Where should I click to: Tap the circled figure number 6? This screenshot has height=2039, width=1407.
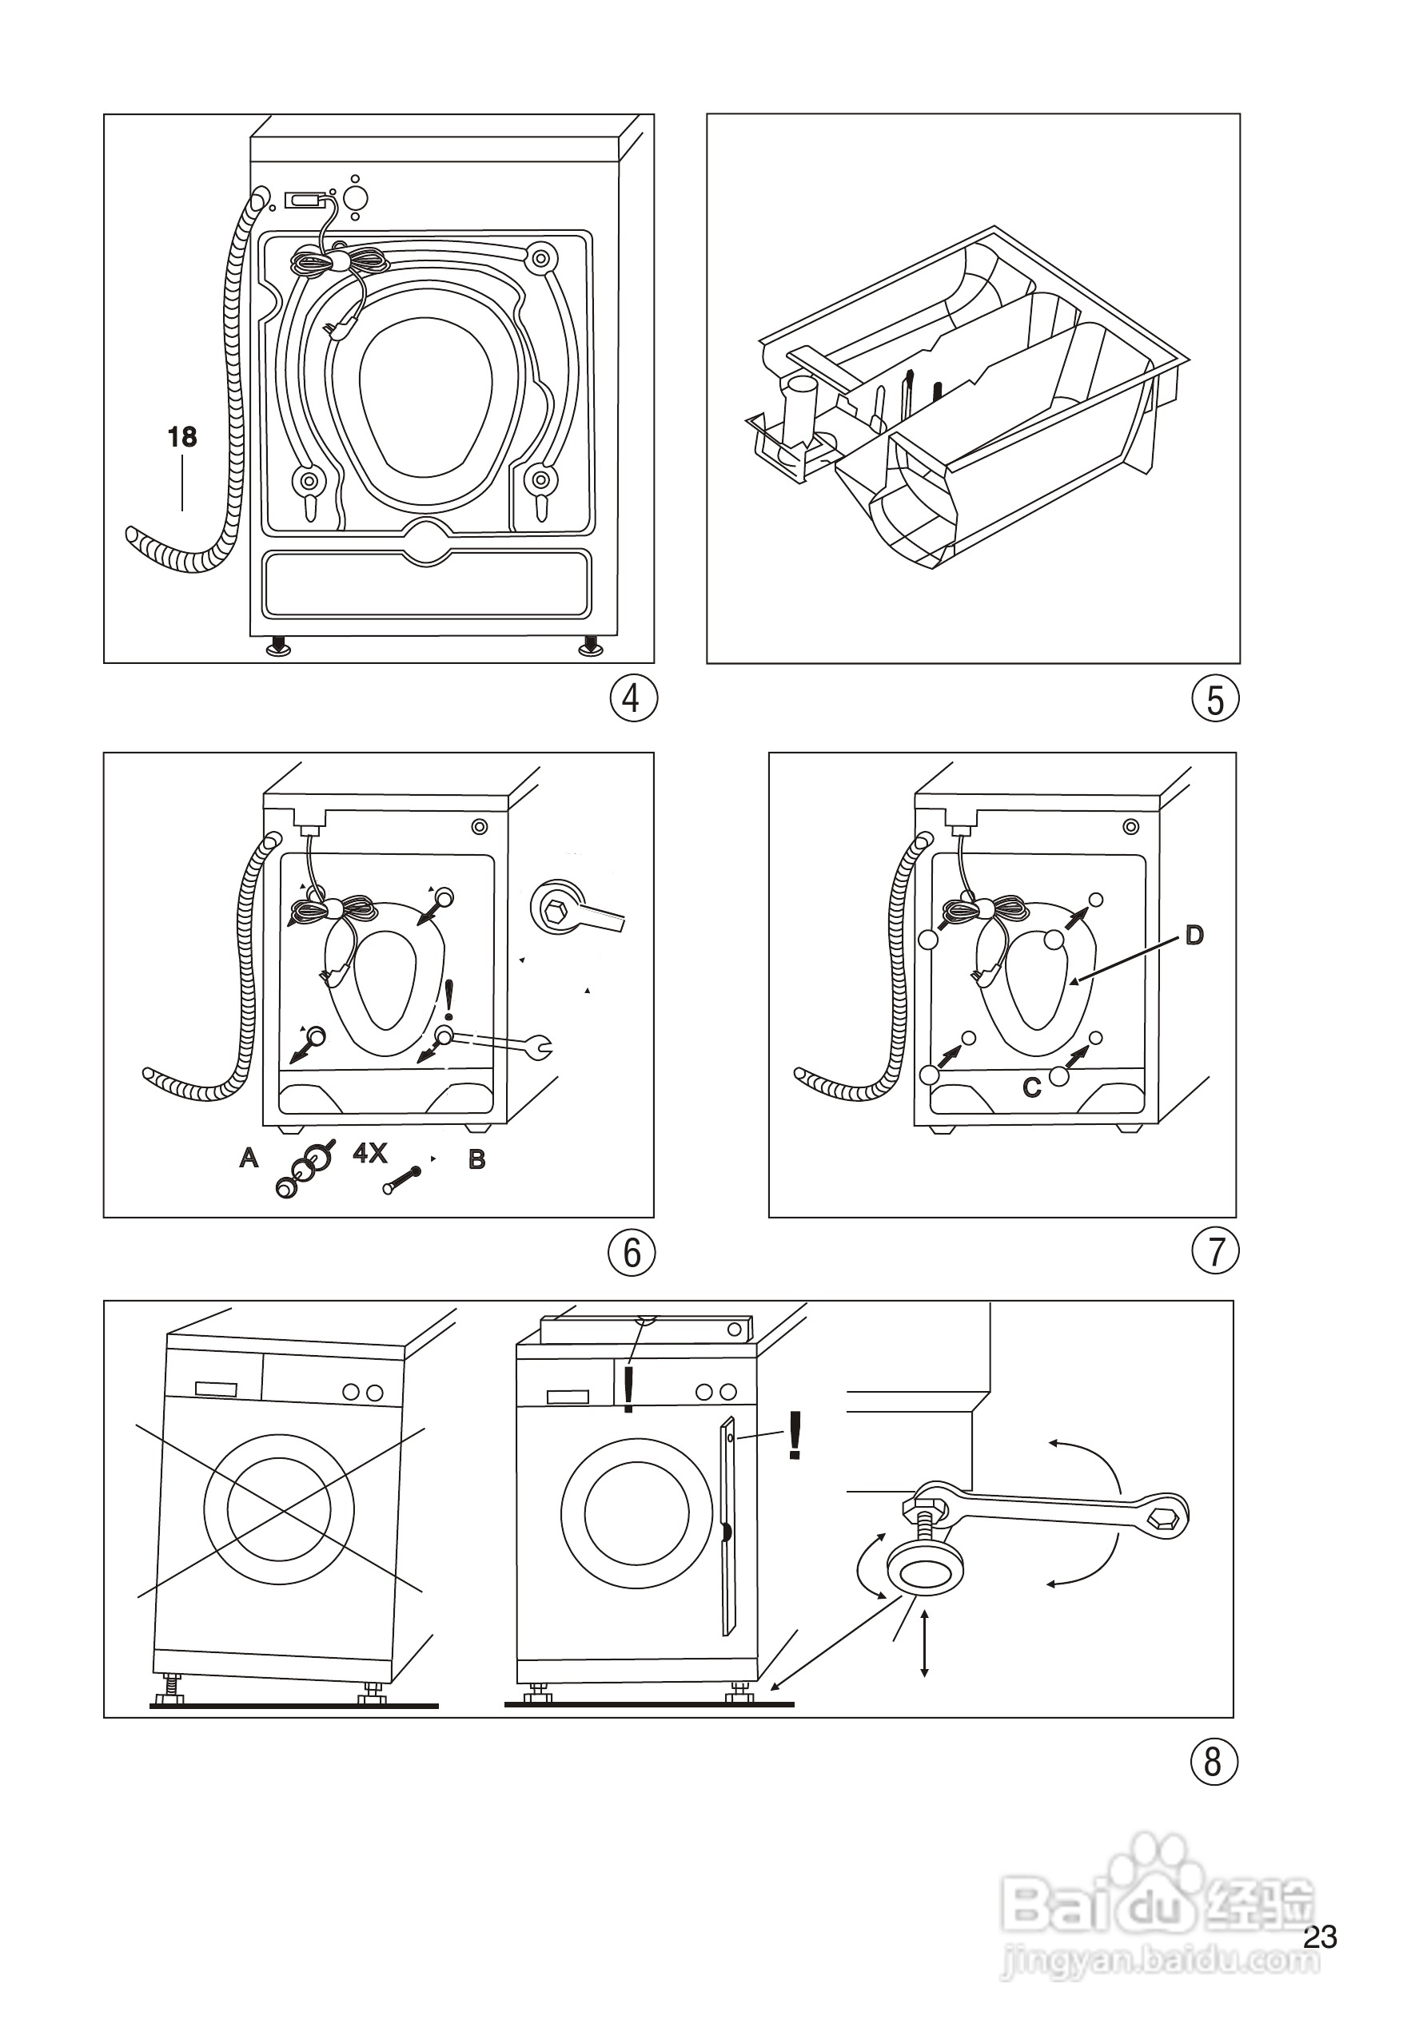pyautogui.click(x=632, y=1252)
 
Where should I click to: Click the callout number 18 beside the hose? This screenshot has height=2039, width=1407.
pyautogui.click(x=182, y=436)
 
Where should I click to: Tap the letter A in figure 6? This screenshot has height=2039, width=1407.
pyautogui.click(x=249, y=1158)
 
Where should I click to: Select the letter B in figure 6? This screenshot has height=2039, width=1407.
pyautogui.click(x=477, y=1159)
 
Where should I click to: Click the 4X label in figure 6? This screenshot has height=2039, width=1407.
pyautogui.click(x=370, y=1153)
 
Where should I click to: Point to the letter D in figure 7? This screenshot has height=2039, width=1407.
pyautogui.click(x=1194, y=935)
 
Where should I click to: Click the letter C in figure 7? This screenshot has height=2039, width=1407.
pyautogui.click(x=1031, y=1088)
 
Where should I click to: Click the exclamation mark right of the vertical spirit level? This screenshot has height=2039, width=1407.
pyautogui.click(x=795, y=1436)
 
